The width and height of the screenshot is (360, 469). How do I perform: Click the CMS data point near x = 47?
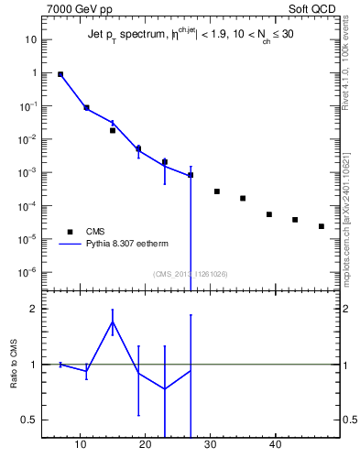(322, 226)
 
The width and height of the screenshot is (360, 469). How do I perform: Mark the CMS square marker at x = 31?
(217, 191)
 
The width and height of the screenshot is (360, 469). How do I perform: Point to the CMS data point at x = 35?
(243, 198)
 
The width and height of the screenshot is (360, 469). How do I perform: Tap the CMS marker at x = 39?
(269, 214)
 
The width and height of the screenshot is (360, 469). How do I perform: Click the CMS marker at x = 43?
(295, 220)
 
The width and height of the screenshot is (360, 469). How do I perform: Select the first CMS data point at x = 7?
(60, 74)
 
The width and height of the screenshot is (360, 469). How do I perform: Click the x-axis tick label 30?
(211, 446)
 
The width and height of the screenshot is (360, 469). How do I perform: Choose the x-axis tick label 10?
(81, 446)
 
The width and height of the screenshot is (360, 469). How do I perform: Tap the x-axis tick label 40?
(276, 446)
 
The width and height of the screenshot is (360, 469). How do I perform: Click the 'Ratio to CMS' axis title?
(16, 364)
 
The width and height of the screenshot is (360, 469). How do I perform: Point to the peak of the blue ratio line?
(113, 322)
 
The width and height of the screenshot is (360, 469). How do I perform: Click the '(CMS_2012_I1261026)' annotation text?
(191, 274)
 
